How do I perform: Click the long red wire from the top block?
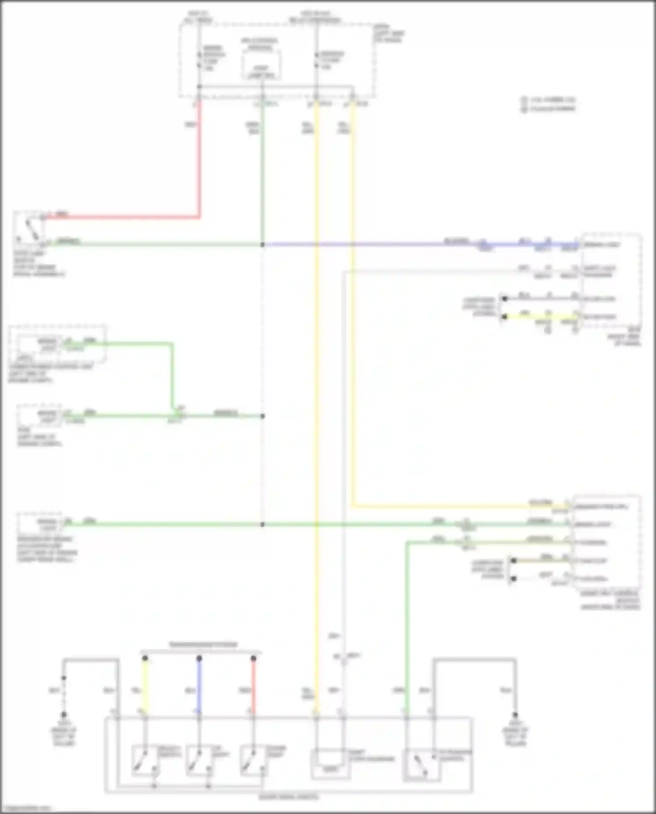pos(199,166)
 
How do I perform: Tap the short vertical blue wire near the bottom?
pos(199,687)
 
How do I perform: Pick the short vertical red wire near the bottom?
pos(253,687)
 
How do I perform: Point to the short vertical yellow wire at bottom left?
pos(145,687)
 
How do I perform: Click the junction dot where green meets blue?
pos(262,245)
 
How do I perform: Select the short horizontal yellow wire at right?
pos(540,316)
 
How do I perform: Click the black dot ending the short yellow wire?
pos(505,316)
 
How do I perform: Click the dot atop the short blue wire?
pos(199,658)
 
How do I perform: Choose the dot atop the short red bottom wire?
pos(253,658)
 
